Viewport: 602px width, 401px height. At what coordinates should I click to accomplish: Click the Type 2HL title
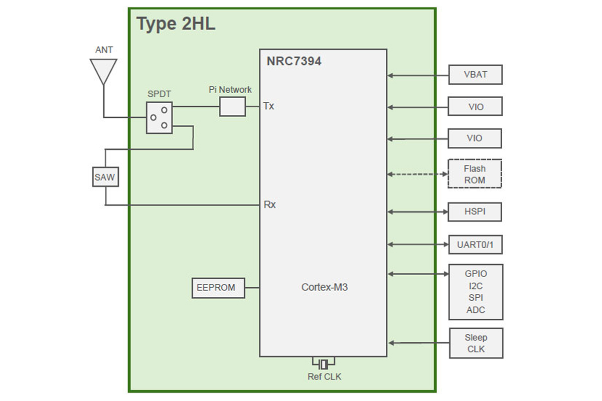[x=176, y=24]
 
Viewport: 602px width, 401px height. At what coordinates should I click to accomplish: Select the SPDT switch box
[x=159, y=118]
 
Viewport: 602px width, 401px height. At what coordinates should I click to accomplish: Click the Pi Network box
[x=232, y=107]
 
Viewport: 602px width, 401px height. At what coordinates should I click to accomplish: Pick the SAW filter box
[x=105, y=177]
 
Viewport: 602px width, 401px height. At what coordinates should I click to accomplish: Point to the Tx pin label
[x=268, y=106]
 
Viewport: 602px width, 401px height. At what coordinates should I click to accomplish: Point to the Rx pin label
[x=269, y=205]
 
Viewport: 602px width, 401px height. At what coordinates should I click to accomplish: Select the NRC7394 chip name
[x=293, y=62]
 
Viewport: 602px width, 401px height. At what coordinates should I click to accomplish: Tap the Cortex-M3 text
[x=324, y=287]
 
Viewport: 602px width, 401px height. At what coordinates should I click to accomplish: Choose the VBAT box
[x=475, y=75]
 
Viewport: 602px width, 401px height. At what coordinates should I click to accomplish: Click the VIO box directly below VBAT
[x=475, y=107]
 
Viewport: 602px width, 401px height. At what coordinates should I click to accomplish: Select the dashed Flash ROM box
[x=475, y=174]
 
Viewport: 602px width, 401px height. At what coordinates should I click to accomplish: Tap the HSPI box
[x=475, y=212]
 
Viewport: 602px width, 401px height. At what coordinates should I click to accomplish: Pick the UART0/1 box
[x=475, y=245]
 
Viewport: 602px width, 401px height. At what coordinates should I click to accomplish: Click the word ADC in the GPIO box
[x=476, y=310]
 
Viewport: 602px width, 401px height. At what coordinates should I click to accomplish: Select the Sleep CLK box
[x=476, y=343]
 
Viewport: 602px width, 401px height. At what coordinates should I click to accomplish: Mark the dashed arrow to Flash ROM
[x=417, y=174]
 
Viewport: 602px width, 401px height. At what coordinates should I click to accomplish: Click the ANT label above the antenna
[x=104, y=50]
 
